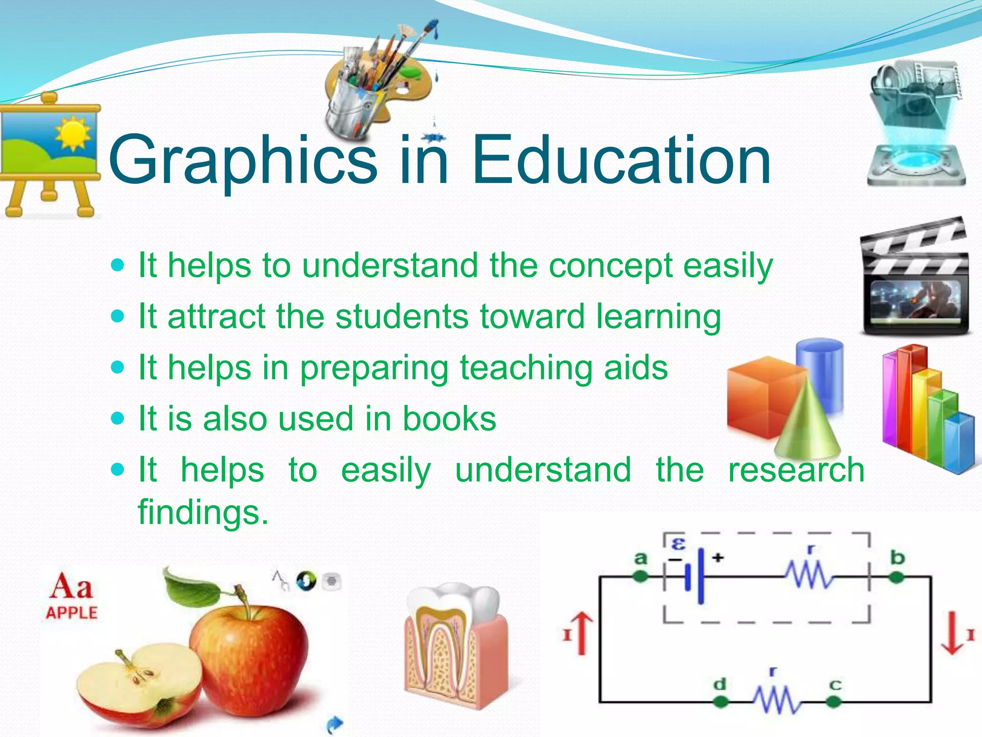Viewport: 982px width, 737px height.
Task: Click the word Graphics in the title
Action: pyautogui.click(x=243, y=161)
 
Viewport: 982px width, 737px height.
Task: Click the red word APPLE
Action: pyautogui.click(x=71, y=613)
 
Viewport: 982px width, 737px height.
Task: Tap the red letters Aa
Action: pyautogui.click(x=71, y=586)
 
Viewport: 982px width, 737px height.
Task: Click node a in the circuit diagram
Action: pyautogui.click(x=641, y=577)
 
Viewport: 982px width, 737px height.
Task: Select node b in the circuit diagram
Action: pyautogui.click(x=896, y=577)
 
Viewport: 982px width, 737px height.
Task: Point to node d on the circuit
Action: pyautogui.click(x=720, y=702)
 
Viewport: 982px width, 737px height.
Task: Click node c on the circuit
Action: pyautogui.click(x=834, y=702)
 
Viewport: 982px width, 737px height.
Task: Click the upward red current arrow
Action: pyautogui.click(x=582, y=633)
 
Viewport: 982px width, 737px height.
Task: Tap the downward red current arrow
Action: pyautogui.click(x=952, y=633)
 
